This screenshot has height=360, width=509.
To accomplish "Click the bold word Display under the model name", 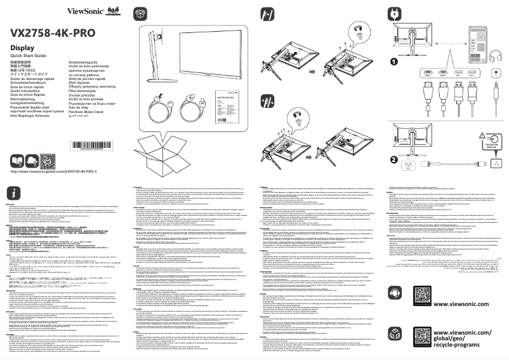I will [x=23, y=48].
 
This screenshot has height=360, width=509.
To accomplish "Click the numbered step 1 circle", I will [x=393, y=62].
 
